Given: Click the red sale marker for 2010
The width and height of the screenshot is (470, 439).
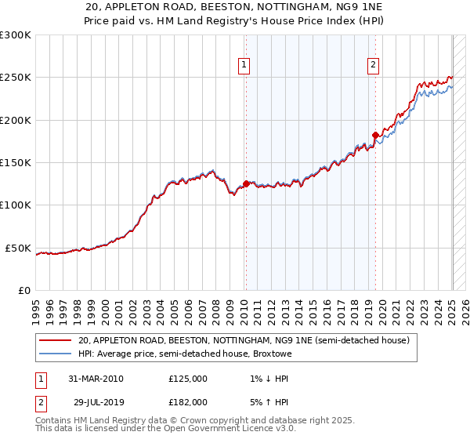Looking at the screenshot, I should click(x=246, y=184).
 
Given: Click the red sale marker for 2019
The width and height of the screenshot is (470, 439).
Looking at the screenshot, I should click(x=375, y=136).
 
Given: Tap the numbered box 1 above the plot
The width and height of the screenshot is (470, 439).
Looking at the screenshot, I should click(x=245, y=65).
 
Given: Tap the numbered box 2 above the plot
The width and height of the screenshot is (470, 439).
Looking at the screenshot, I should click(x=374, y=65).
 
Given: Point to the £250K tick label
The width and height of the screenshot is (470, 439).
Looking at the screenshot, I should click(x=16, y=78).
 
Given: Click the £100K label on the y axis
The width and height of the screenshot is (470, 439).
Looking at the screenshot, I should click(x=16, y=205).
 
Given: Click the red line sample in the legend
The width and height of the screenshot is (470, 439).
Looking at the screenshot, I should click(x=56, y=341).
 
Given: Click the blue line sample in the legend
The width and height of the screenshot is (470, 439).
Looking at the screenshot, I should click(x=56, y=354).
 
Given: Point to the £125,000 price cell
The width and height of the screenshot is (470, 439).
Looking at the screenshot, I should click(x=188, y=379).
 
